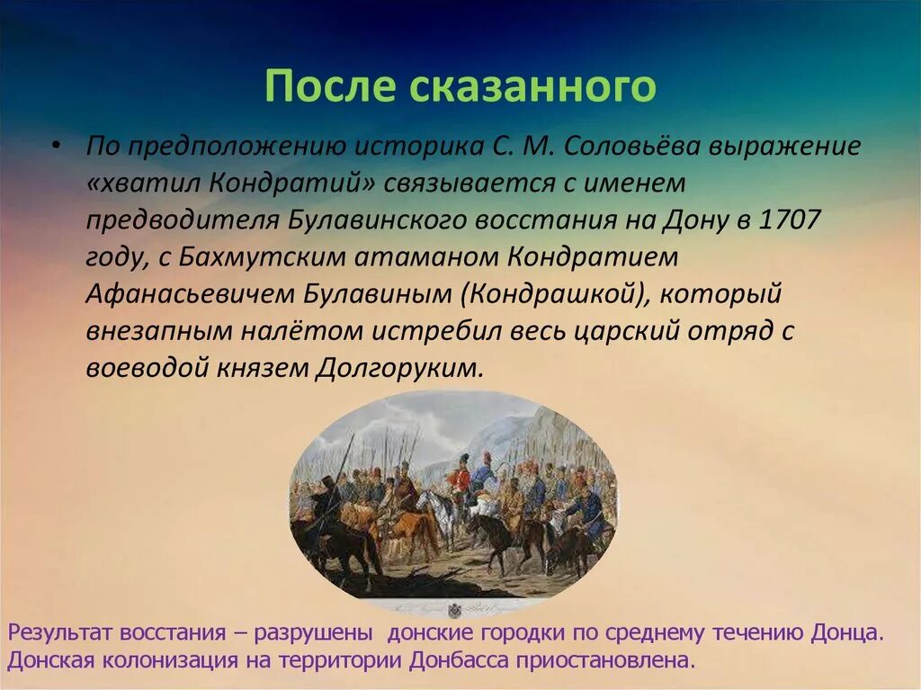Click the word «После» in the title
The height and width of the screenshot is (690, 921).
331,85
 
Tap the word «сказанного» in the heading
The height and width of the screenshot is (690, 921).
532,85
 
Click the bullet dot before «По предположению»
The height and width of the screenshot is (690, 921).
56,145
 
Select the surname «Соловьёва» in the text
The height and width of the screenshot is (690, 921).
632,147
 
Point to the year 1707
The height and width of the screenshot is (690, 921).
790,220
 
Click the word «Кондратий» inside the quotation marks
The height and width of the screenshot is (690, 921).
291,184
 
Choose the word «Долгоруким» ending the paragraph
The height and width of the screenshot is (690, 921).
399,368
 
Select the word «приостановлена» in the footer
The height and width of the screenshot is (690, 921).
605,660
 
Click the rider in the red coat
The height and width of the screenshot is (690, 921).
461,479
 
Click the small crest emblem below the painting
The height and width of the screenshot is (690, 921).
454,611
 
